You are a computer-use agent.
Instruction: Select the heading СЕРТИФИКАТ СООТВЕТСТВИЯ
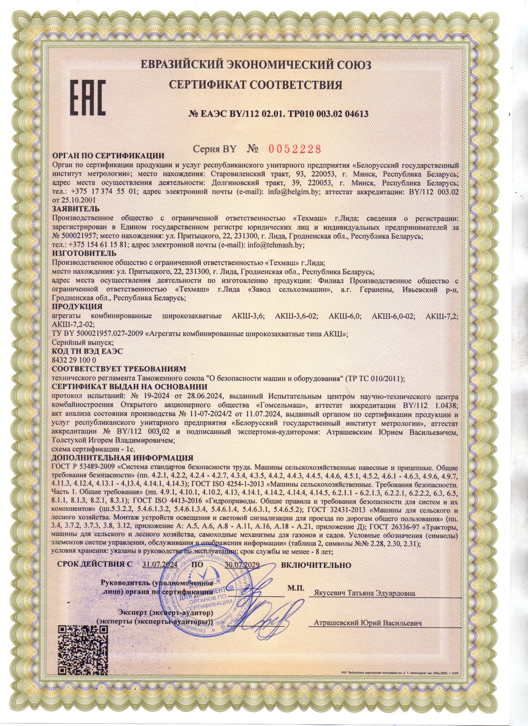[255, 85]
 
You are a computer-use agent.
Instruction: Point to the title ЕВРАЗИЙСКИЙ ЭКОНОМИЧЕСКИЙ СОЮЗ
[256, 65]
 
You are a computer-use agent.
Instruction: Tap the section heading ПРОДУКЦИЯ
[77, 306]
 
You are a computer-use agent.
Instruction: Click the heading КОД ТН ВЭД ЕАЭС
[87, 351]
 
